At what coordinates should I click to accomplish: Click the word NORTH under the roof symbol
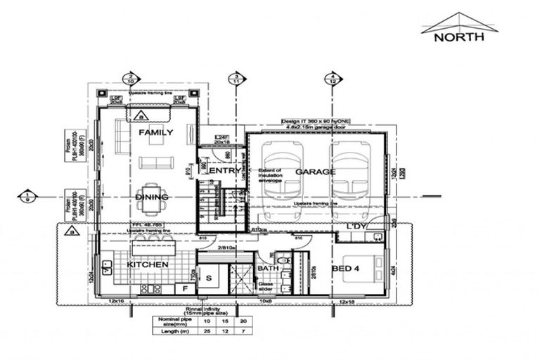(458, 37)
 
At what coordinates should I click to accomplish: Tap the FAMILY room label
(156, 132)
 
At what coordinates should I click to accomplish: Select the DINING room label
(152, 197)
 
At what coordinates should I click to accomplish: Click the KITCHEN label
(147, 264)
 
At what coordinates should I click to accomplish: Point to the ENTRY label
(225, 170)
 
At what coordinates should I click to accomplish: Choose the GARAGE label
(315, 171)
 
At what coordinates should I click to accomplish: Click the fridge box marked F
(184, 288)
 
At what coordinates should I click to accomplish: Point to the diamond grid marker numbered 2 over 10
(130, 79)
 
